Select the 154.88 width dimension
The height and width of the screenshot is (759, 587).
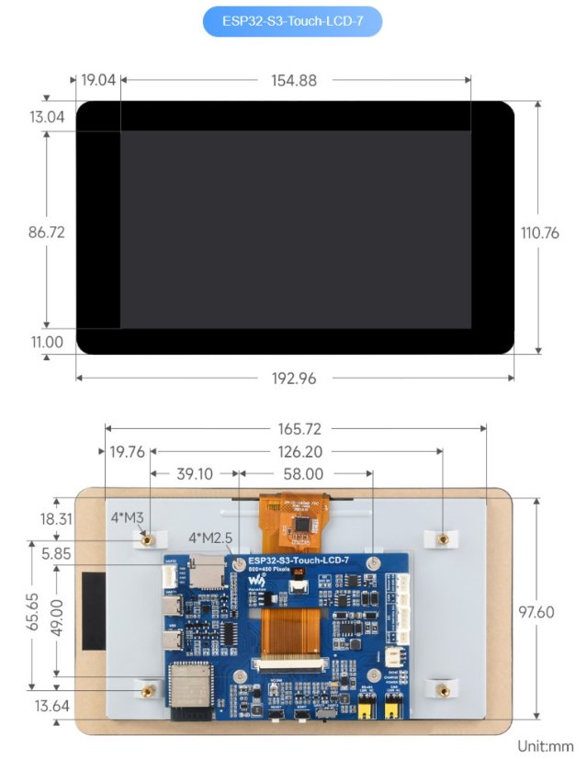tap(294, 80)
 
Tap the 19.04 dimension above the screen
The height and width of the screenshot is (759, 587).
tap(98, 80)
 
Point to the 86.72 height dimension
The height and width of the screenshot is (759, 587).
tap(46, 232)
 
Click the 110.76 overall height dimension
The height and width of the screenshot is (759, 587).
tap(539, 232)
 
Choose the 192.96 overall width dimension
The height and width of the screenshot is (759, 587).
tap(294, 378)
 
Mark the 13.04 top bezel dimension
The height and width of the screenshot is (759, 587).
tap(47, 117)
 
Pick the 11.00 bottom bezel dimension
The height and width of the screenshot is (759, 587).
tap(47, 342)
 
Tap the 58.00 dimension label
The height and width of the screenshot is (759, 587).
tap(302, 474)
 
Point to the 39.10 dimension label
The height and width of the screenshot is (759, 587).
tap(193, 474)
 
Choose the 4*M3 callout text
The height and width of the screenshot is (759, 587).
tap(127, 517)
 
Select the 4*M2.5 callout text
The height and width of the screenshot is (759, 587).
tap(210, 537)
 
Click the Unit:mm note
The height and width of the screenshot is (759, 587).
tap(545, 747)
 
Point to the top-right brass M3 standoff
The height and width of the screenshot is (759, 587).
tap(442, 538)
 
